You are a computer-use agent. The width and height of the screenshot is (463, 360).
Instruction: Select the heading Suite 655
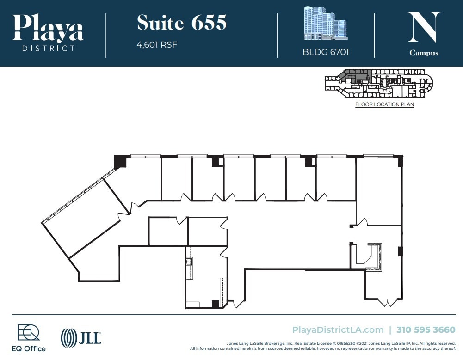(182, 23)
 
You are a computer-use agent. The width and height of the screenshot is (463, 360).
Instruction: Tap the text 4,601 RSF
(157, 45)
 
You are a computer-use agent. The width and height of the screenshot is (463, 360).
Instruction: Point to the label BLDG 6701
(326, 52)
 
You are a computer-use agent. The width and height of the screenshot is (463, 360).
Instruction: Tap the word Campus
(424, 53)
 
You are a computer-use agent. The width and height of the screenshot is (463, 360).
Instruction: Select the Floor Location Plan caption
(384, 104)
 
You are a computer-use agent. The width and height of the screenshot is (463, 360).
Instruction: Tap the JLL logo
(81, 337)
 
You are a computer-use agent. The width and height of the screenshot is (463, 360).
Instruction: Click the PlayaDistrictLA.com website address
(338, 329)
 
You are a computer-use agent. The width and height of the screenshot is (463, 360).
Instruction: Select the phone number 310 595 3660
(426, 329)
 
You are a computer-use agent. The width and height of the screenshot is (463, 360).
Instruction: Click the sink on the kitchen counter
(189, 262)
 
